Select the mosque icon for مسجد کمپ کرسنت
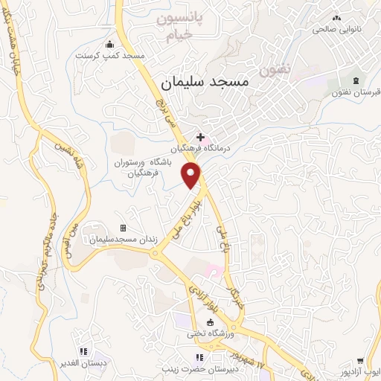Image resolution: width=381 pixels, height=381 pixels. (111, 44)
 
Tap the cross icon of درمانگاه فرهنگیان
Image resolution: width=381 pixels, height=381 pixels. (199, 137)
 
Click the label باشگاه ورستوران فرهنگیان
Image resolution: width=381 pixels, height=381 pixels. (149, 167)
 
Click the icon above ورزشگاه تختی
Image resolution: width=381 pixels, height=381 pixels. (210, 322)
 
